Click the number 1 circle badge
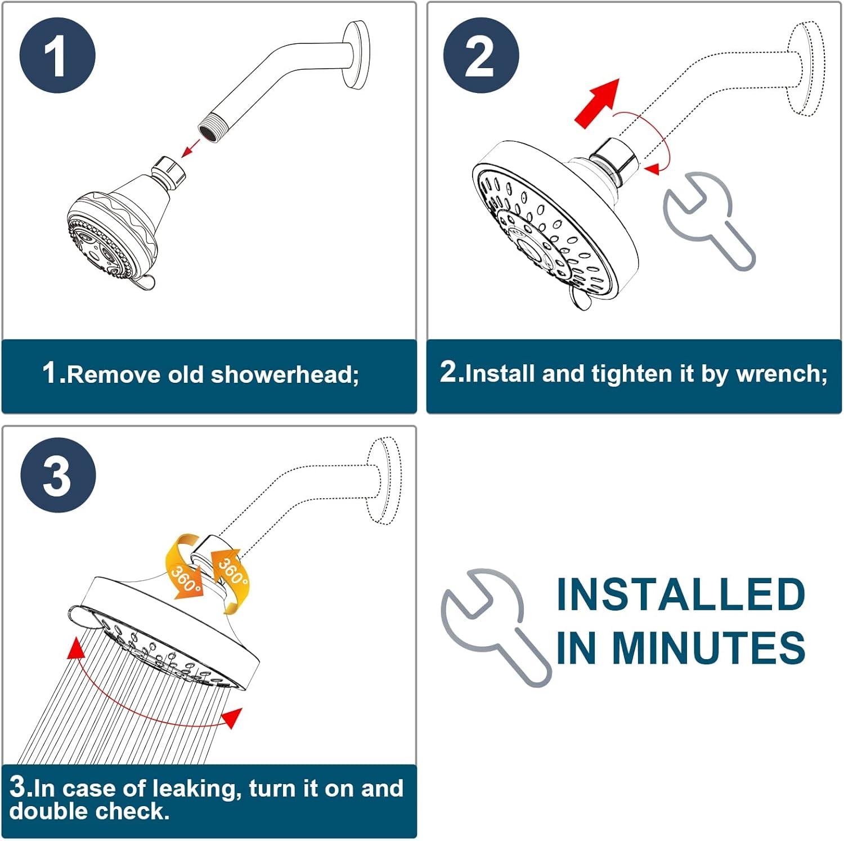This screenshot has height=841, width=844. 57,55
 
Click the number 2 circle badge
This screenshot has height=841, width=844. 481,55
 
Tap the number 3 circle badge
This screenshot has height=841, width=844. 58,475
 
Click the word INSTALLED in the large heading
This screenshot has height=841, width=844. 681,594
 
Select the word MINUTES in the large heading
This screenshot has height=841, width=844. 708,647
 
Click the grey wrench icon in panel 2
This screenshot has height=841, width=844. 707,219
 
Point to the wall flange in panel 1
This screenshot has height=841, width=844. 357,55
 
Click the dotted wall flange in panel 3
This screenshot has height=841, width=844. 384,480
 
